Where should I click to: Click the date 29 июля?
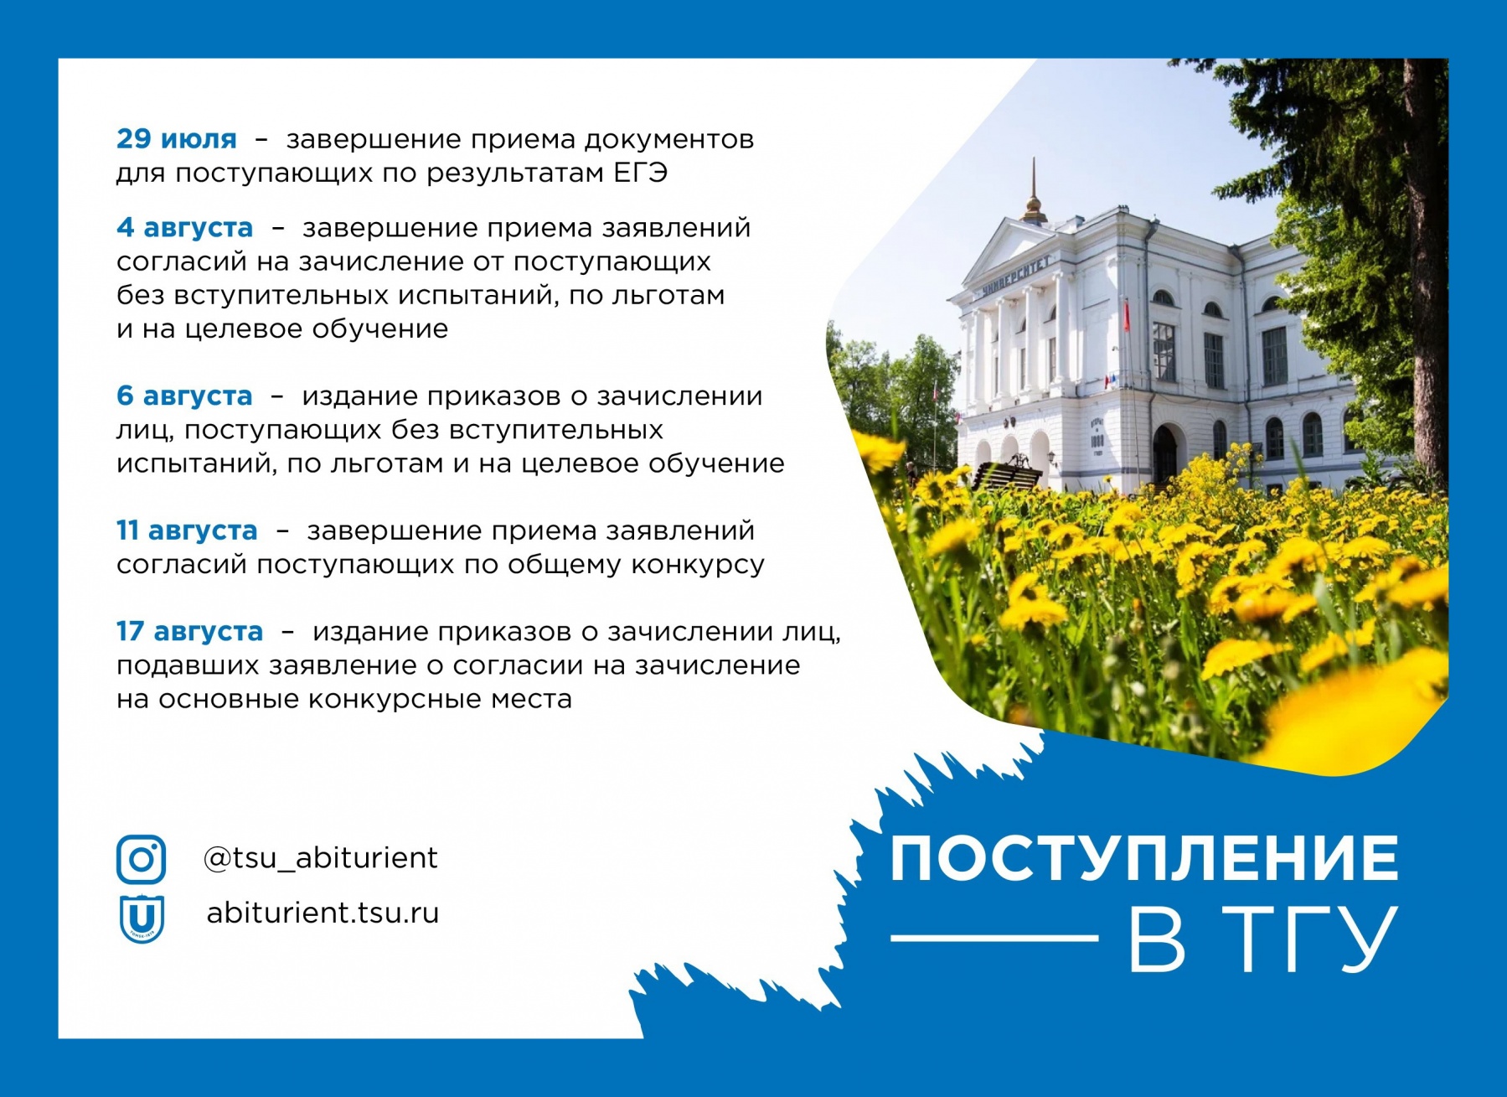coord(177,138)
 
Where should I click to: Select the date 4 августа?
coord(184,227)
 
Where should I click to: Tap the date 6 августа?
coord(184,396)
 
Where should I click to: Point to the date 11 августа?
coord(187,530)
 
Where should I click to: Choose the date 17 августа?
coord(189,631)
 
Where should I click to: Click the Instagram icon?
coord(141,859)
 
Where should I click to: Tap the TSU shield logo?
coord(141,918)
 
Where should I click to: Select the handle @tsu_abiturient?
coord(321,858)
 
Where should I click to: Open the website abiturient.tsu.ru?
coord(323,912)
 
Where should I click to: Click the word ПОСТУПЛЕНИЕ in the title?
coord(1144,858)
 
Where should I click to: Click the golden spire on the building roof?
coord(1035,193)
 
